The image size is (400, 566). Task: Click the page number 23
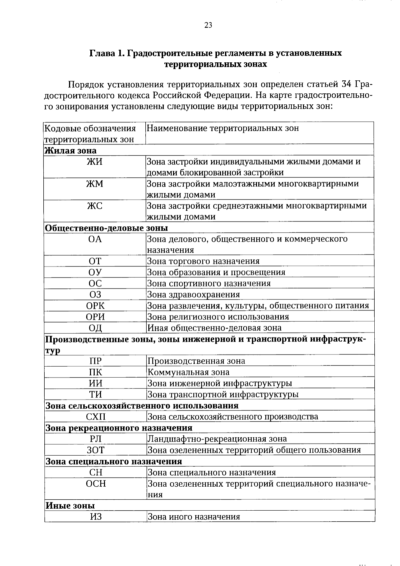coord(208,25)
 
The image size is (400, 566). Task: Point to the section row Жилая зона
coord(71,150)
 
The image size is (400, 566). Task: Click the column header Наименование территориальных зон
coord(223,128)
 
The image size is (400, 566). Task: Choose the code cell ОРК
coord(95,306)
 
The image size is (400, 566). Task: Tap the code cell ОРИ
coord(95,317)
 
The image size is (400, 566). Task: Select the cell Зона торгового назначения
coord(203,261)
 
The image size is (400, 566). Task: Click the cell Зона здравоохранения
coord(194,295)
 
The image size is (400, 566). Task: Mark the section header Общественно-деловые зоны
coord(106,228)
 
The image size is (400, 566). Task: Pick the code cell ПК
coord(95,372)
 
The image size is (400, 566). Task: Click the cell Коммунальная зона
coord(188,372)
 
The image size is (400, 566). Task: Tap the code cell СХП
coord(95,417)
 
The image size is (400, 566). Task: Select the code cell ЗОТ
coord(95,450)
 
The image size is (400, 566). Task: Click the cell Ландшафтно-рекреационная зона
coord(217,439)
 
